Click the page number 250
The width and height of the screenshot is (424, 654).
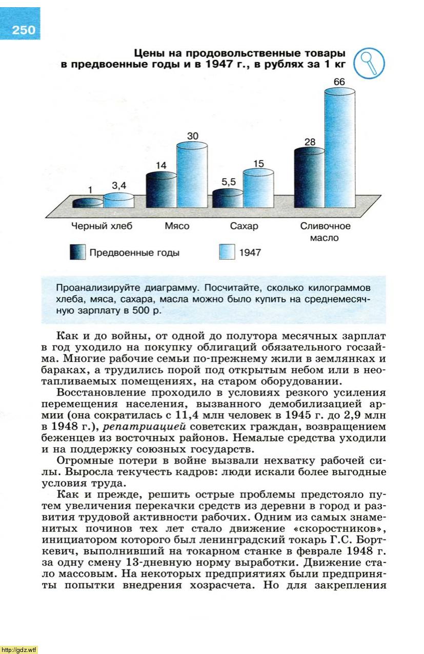coord(24,30)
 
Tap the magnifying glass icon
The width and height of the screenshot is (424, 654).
coord(369,63)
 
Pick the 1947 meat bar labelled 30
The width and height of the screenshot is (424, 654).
coord(192,175)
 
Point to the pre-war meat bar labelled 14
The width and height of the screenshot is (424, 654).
coord(161,190)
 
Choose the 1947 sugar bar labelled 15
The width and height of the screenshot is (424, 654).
coord(258,188)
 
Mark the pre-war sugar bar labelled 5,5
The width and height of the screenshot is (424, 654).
coord(228,198)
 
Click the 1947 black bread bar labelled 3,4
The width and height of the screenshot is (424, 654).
coord(118,200)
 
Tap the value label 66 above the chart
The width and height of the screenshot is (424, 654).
coord(339,82)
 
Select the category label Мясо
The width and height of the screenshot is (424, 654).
coord(177,226)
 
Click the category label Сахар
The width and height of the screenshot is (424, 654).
coord(244,226)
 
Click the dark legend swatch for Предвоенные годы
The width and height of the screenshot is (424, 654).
coord(77,252)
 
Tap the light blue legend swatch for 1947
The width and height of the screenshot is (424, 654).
coord(226,252)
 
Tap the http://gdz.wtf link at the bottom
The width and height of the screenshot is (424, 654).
coord(19,649)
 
